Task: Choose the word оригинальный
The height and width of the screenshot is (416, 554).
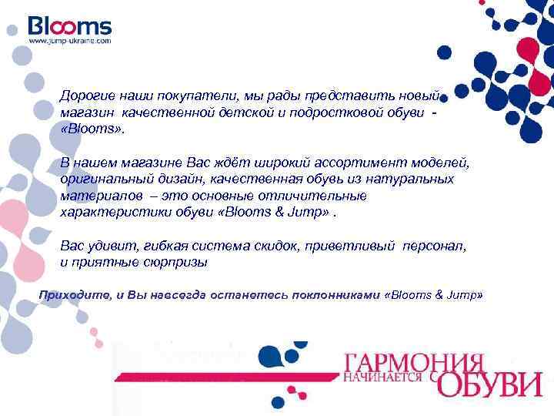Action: (105, 179)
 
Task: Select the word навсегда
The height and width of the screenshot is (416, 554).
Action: (177, 295)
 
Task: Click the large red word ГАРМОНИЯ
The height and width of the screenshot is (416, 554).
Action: (413, 360)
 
